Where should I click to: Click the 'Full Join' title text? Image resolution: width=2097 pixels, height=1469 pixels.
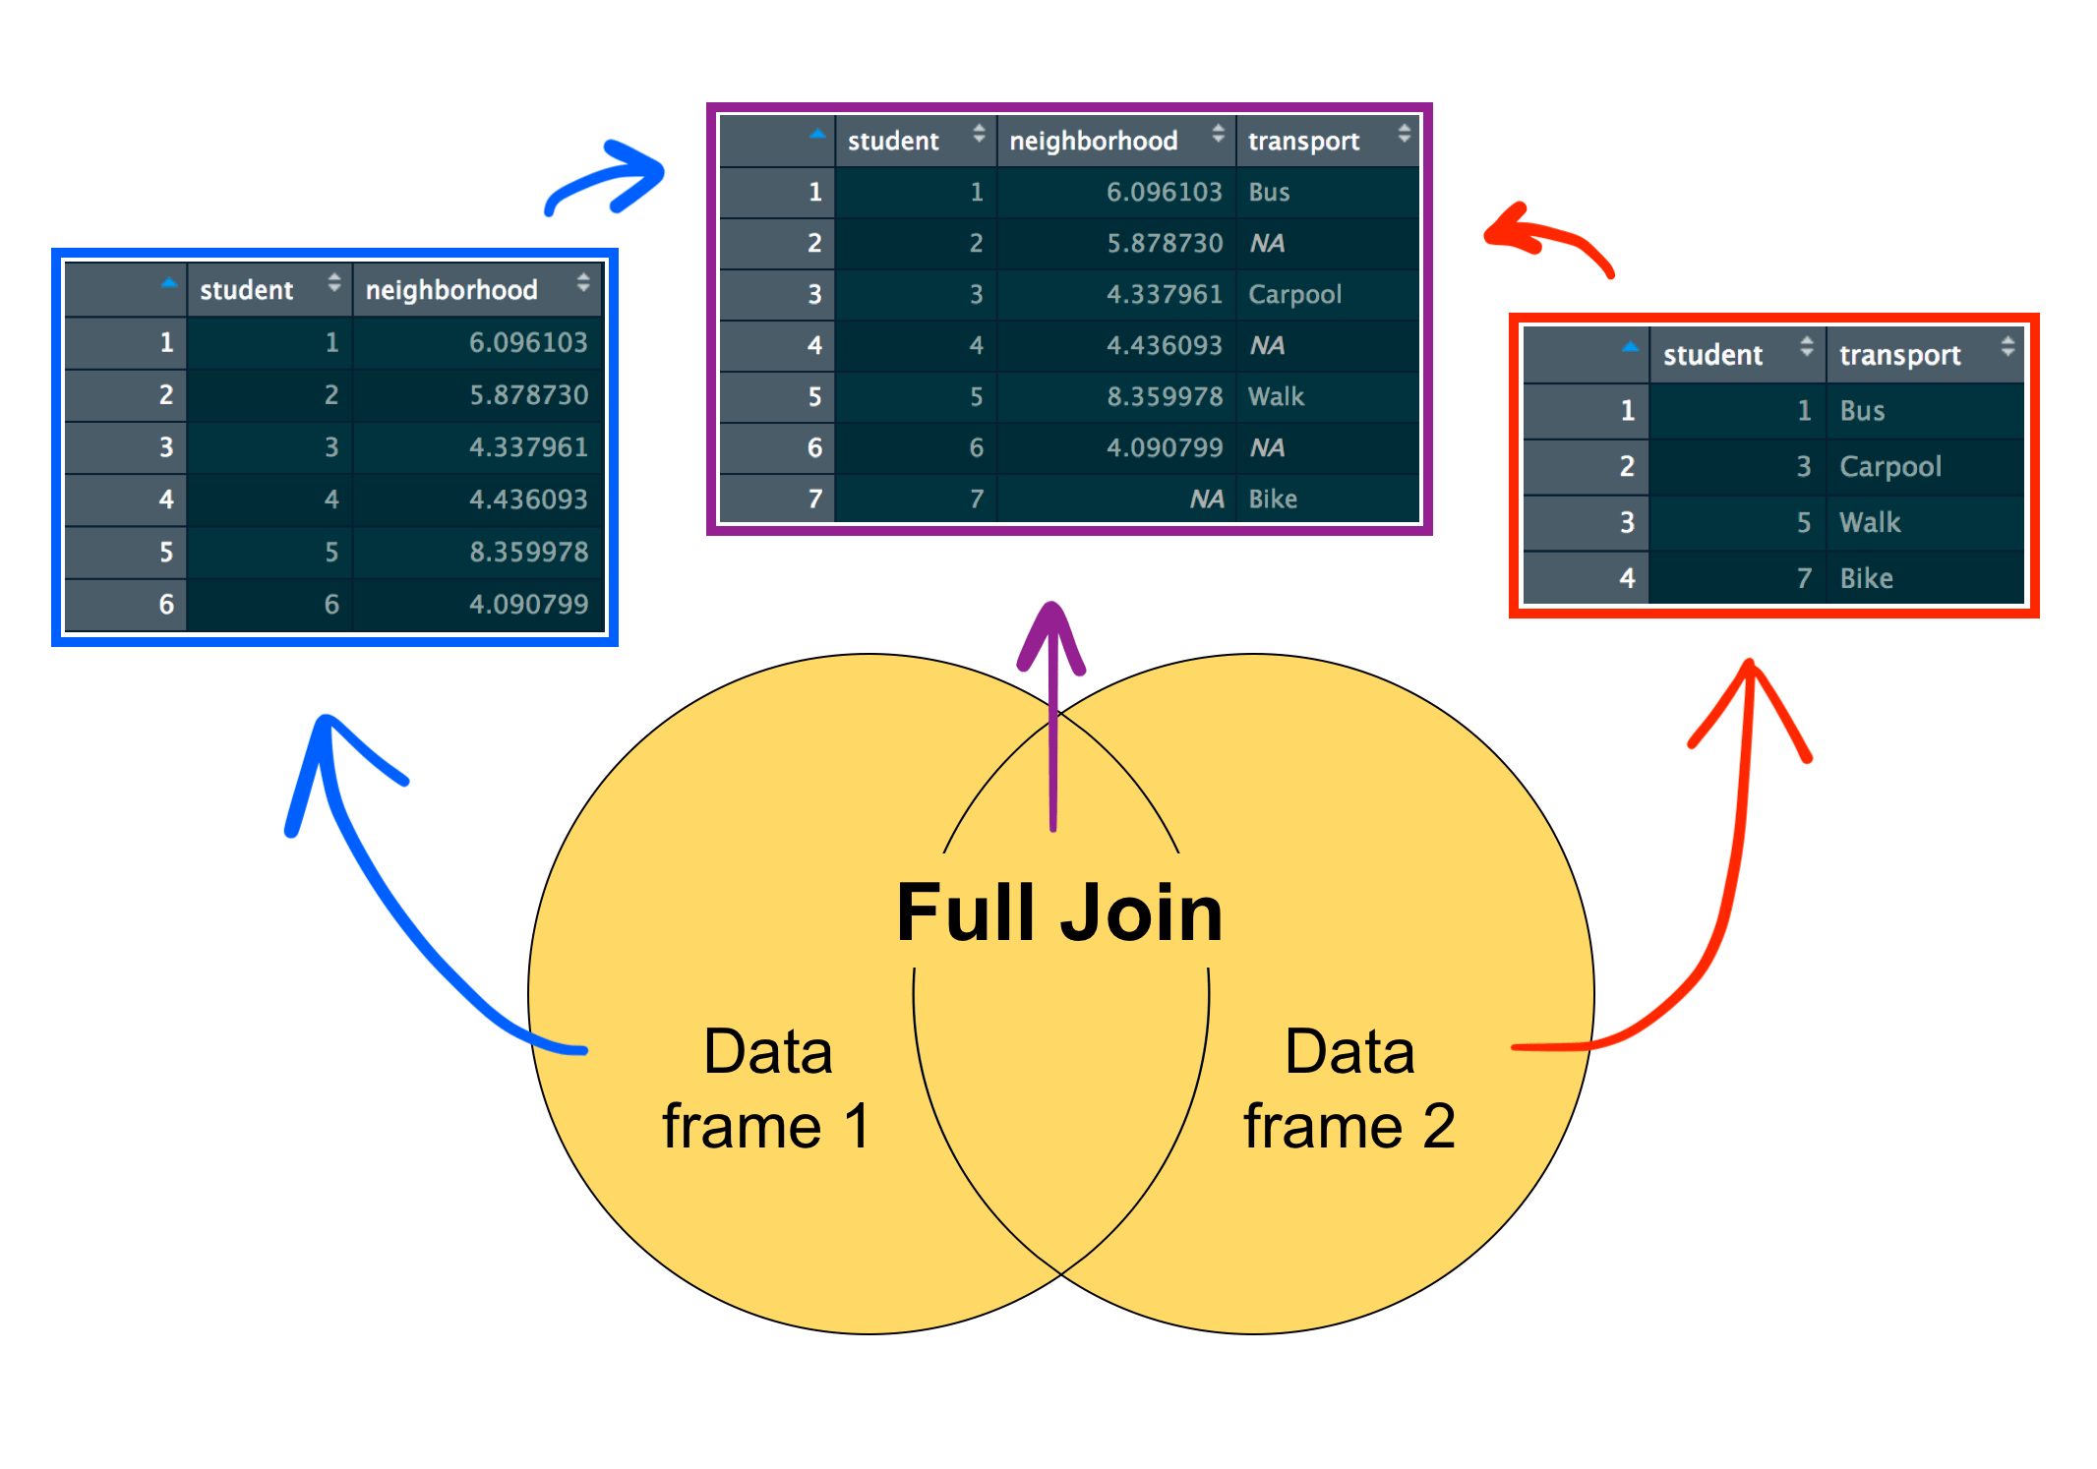(x=1059, y=913)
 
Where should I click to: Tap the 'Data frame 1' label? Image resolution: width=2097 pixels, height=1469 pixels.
(x=767, y=1087)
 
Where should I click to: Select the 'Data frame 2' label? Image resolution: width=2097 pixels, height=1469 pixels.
(x=1349, y=1087)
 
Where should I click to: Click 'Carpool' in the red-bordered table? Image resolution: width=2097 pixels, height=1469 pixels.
(x=1889, y=466)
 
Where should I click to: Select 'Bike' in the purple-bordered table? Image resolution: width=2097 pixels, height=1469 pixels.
(x=1273, y=499)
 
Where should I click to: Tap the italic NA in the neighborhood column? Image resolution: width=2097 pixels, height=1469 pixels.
(x=1206, y=499)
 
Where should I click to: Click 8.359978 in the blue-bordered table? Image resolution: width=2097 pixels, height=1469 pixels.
(x=528, y=552)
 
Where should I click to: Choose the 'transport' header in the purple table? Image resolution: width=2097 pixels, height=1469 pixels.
(x=1303, y=142)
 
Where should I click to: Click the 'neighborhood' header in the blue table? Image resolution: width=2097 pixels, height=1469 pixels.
(x=451, y=290)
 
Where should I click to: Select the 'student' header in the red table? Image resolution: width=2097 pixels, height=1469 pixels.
(x=1712, y=355)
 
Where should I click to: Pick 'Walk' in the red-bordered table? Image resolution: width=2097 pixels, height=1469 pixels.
(x=1870, y=522)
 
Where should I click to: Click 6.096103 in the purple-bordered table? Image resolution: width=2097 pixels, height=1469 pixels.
(x=1164, y=193)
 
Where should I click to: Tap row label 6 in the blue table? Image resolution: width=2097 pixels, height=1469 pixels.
(x=166, y=604)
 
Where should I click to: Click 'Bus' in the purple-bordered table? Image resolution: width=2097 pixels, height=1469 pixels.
(x=1269, y=193)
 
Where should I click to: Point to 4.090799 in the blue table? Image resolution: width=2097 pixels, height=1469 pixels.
(x=528, y=604)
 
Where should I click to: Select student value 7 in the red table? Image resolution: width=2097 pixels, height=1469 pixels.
(x=1803, y=578)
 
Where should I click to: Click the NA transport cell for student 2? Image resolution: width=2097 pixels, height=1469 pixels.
(x=1267, y=244)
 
